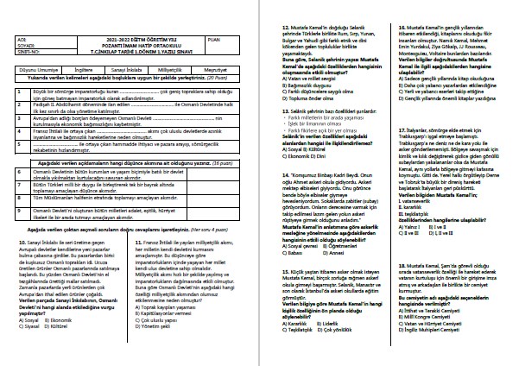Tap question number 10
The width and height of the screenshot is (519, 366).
coord(20,244)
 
